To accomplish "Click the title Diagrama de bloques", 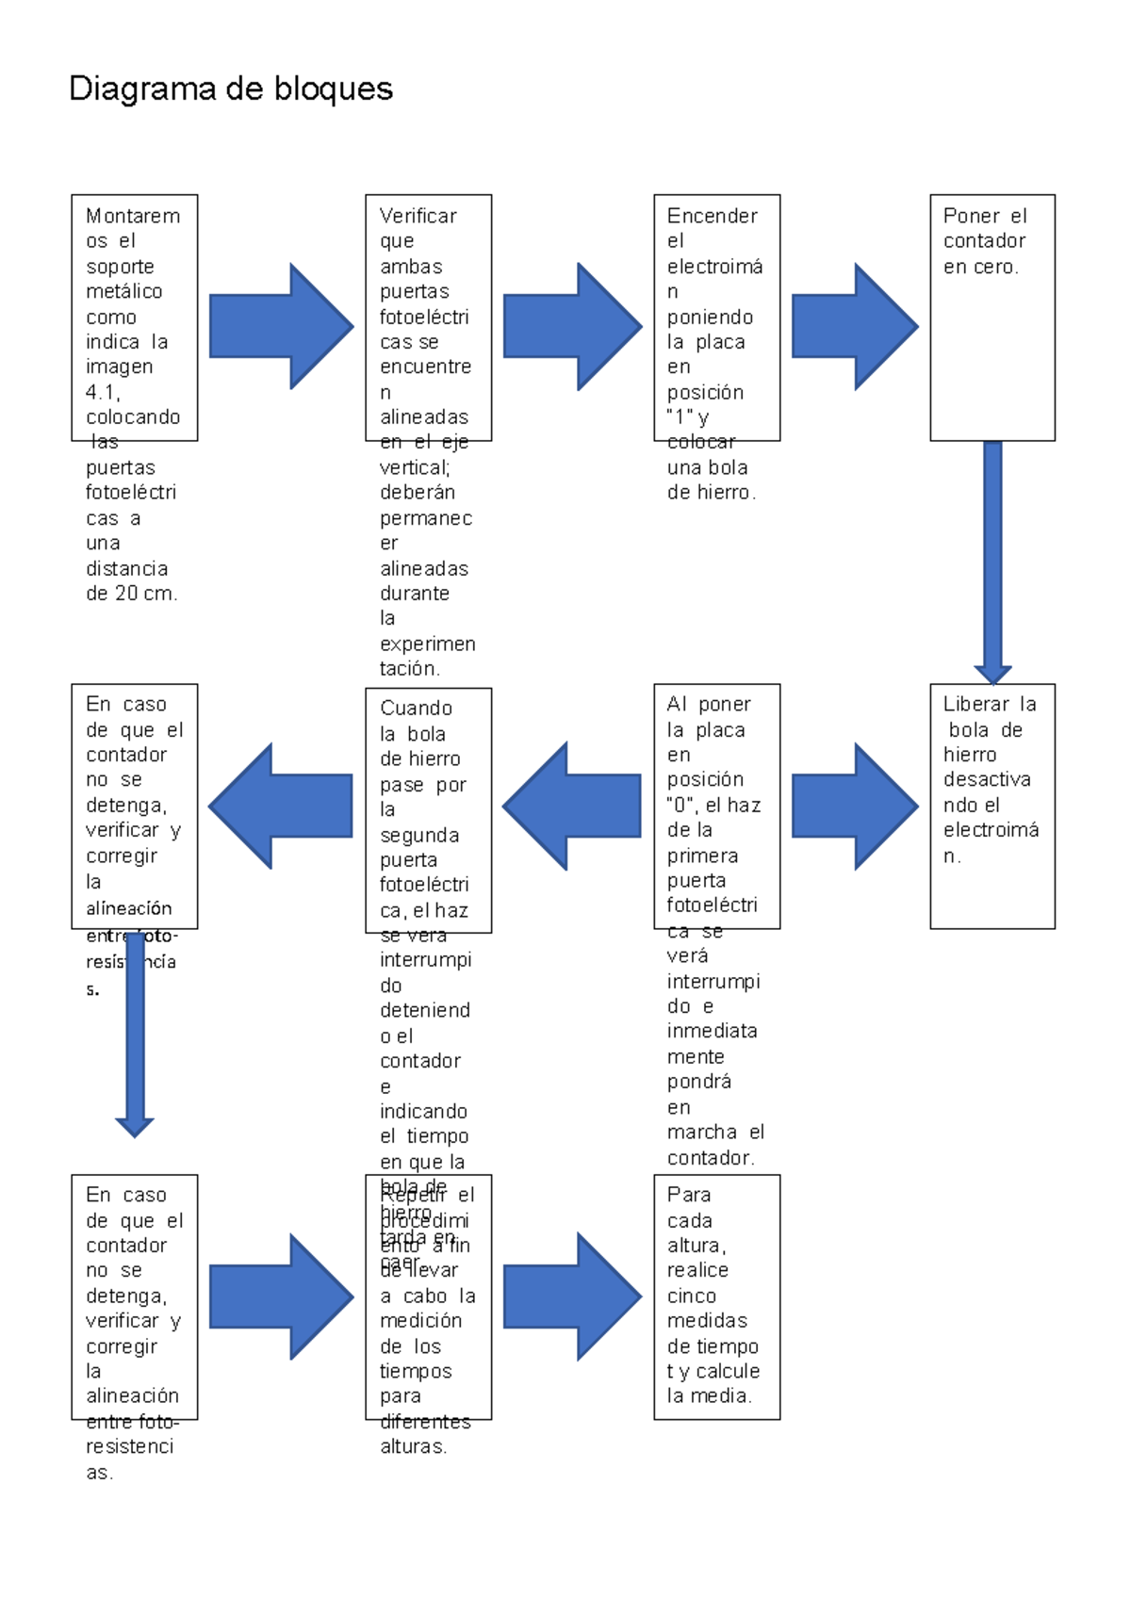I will coord(231,89).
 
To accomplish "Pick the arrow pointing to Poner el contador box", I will coord(854,327).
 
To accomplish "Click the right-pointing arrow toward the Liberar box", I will coord(854,807).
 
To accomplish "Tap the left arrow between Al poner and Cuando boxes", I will coord(572,807).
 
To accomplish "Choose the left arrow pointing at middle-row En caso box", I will coord(281,807).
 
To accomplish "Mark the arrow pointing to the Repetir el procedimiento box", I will coord(281,1296).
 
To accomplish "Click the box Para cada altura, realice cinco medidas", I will coord(716,1296).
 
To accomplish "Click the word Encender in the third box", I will coord(712,216).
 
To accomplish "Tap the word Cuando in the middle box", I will coord(416,708).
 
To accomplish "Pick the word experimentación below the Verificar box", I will coord(427,656).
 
